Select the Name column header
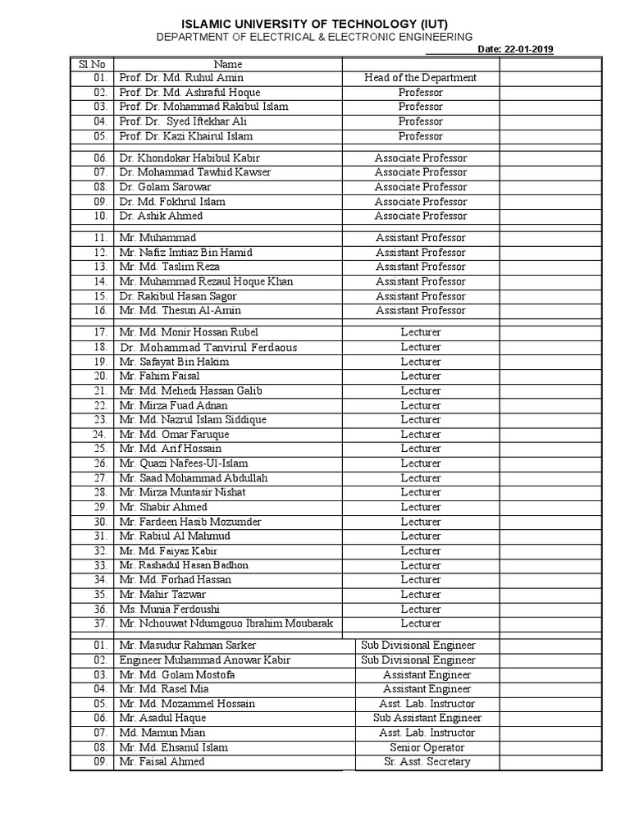click(x=228, y=63)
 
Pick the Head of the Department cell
click(x=421, y=78)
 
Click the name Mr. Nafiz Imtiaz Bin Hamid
click(x=185, y=253)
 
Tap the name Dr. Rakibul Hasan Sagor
click(x=178, y=296)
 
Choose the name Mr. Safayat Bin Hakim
click(x=174, y=362)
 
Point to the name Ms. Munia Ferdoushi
click(x=169, y=609)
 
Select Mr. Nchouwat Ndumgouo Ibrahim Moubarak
click(x=226, y=623)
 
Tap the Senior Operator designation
click(x=427, y=747)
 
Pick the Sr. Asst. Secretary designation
click(x=427, y=762)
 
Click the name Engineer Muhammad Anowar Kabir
click(x=205, y=660)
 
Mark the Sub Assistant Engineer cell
click(x=427, y=718)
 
